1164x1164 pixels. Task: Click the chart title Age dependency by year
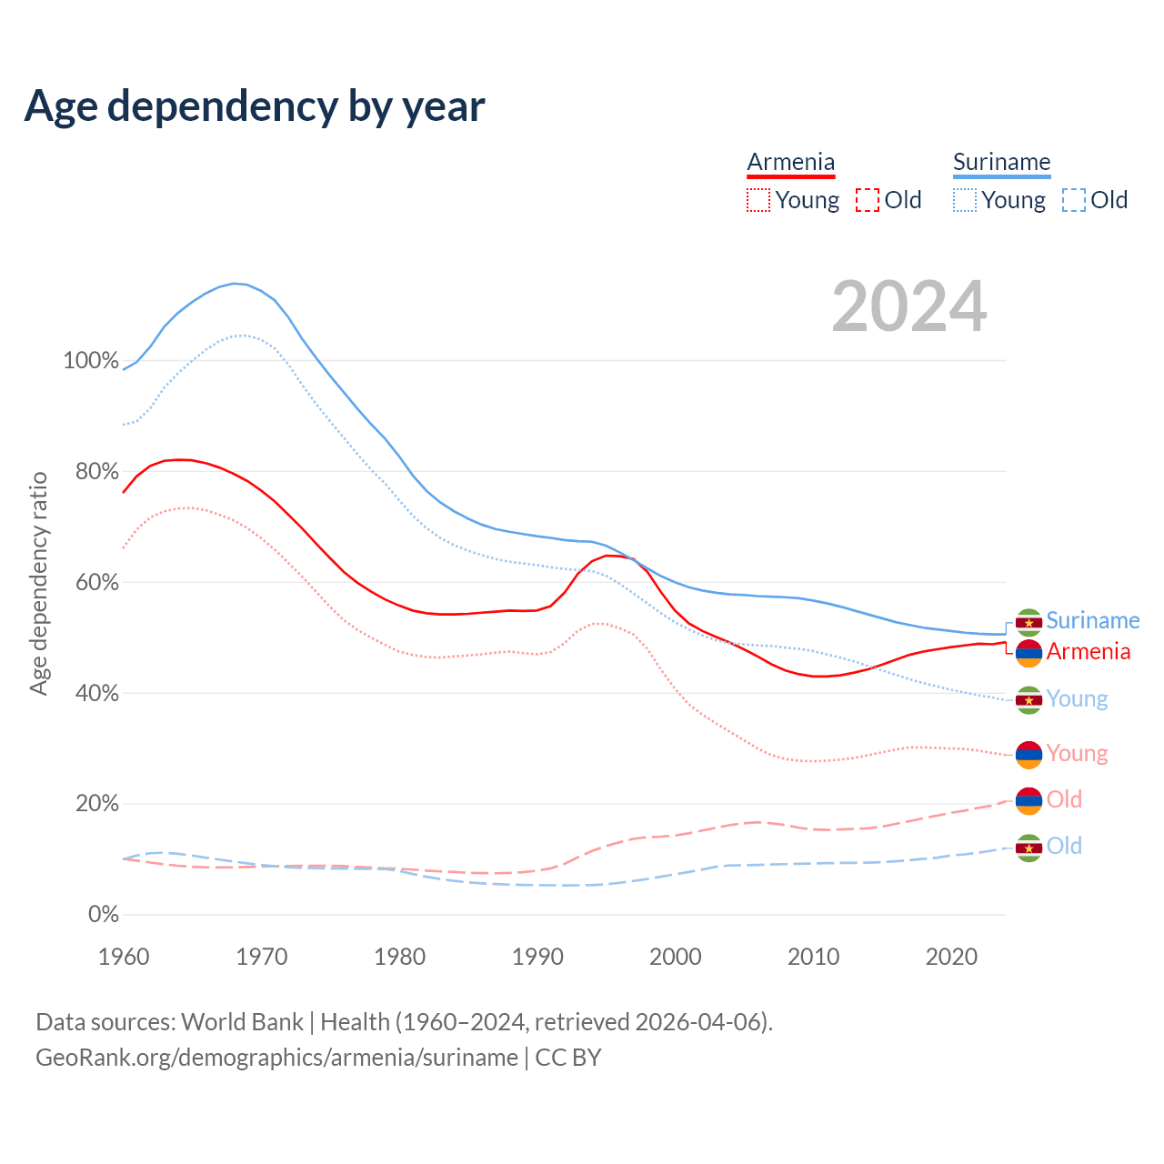[255, 106]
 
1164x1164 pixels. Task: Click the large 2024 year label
[908, 306]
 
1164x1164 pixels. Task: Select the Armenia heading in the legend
[790, 162]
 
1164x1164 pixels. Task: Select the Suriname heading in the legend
[1001, 162]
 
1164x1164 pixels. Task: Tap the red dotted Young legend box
[758, 200]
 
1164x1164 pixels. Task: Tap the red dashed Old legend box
[868, 200]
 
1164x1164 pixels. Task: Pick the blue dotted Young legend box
[965, 200]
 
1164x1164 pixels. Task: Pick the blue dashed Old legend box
[1074, 200]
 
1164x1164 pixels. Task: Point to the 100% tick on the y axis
[90, 361]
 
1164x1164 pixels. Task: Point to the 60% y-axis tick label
[96, 582]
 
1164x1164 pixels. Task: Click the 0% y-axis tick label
[103, 915]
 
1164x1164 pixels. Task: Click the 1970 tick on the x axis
[262, 957]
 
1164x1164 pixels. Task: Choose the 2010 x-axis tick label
[813, 957]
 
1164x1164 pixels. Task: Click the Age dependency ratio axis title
[38, 583]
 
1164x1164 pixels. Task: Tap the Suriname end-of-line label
[1092, 620]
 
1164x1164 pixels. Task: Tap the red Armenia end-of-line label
[1089, 651]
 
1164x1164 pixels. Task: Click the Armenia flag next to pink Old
[1029, 800]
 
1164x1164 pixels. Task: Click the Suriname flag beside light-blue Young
[1029, 699]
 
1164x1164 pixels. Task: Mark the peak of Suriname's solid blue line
[235, 284]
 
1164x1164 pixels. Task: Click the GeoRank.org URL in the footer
[276, 1058]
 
